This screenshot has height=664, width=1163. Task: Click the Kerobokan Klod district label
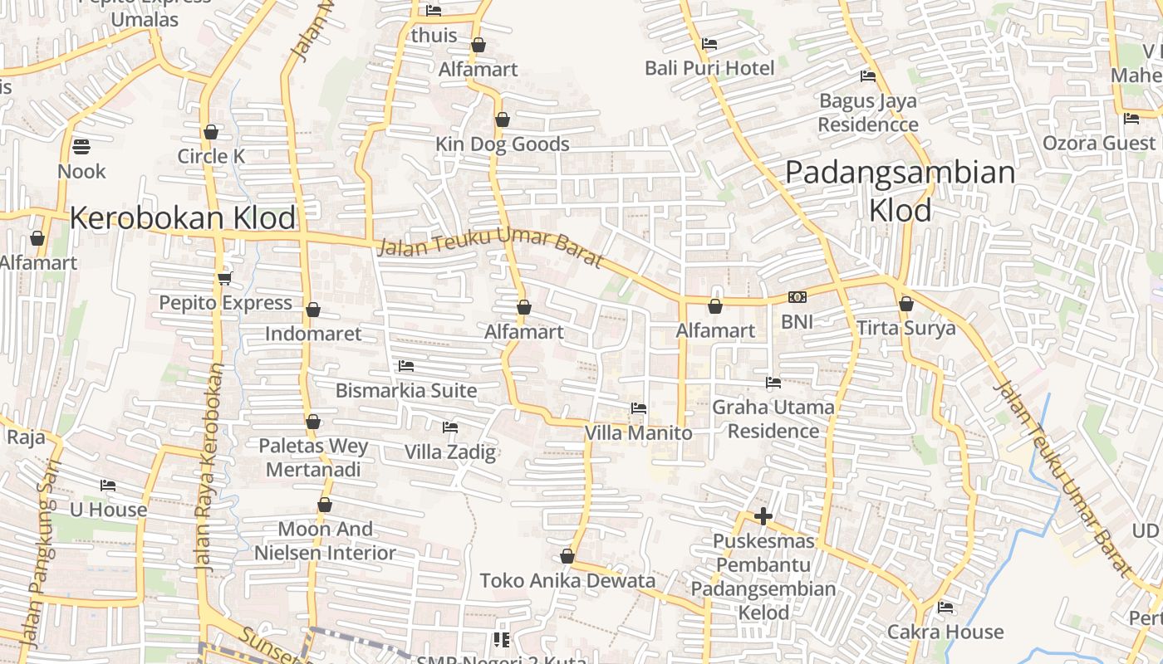[x=183, y=218]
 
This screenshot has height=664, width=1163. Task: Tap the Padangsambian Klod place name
[x=900, y=192]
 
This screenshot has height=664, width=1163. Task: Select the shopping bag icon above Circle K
[x=211, y=132]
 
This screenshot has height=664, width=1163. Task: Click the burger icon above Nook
[x=81, y=147]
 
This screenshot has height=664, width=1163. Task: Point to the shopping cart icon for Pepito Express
[x=224, y=277]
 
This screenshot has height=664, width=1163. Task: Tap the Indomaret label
[x=313, y=334]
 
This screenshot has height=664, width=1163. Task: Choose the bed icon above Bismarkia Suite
[x=405, y=365]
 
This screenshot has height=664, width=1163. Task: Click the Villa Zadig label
[x=449, y=452]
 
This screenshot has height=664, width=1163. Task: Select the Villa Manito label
[x=638, y=432]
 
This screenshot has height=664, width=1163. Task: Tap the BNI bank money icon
[x=797, y=297]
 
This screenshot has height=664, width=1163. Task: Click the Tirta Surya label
[x=906, y=328]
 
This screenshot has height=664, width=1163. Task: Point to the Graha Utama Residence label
[x=773, y=419]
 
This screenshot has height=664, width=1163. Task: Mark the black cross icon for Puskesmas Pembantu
[x=763, y=516]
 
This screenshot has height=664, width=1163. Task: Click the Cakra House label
[x=945, y=632]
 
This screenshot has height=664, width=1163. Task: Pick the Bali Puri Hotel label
[x=709, y=68]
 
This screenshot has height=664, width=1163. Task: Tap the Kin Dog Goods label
[x=503, y=144]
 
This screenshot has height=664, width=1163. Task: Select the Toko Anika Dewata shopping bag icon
[x=567, y=556]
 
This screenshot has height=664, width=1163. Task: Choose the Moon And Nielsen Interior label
[x=325, y=541]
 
